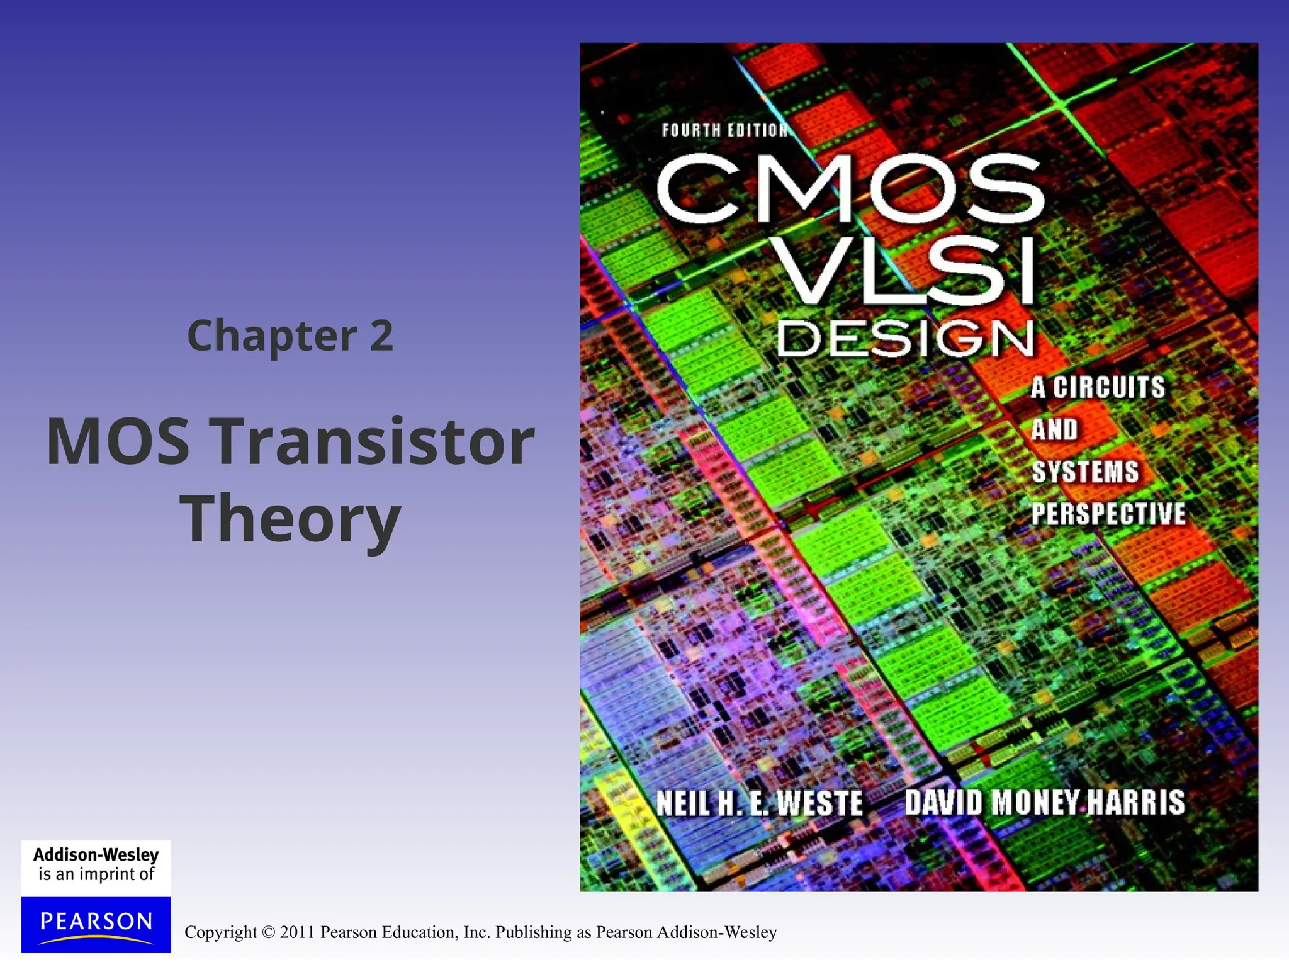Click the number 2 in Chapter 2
pyautogui.click(x=381, y=336)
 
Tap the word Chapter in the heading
pyautogui.click(x=272, y=337)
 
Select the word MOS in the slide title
pyautogui.click(x=118, y=442)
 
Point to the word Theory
pyautogui.click(x=290, y=520)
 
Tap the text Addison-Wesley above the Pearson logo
pyautogui.click(x=96, y=854)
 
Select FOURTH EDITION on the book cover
pyautogui.click(x=724, y=130)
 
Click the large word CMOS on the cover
pyautogui.click(x=850, y=189)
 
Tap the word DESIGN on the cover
pyautogui.click(x=905, y=339)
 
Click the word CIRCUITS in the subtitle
pyautogui.click(x=1109, y=387)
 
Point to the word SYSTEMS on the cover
pyautogui.click(x=1085, y=472)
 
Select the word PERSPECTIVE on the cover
pyautogui.click(x=1108, y=514)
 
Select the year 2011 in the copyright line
pyautogui.click(x=297, y=932)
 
